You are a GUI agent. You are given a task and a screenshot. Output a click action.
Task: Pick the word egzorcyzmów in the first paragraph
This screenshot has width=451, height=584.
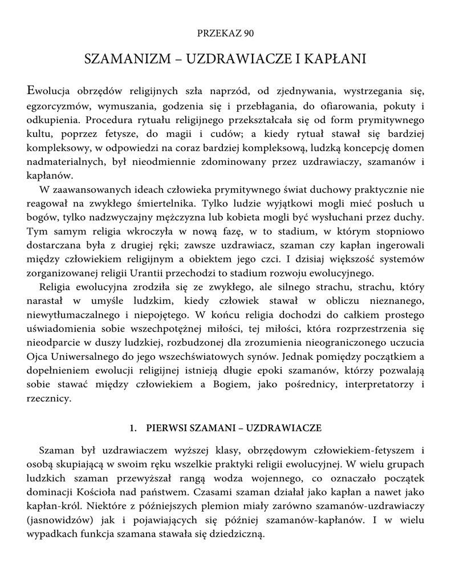tap(57, 107)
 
